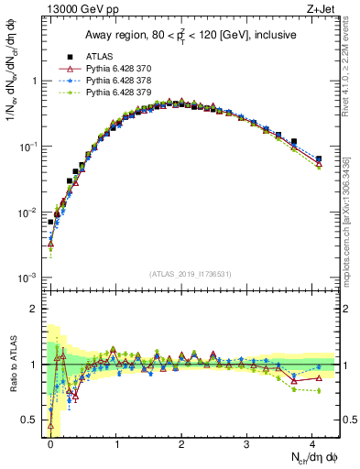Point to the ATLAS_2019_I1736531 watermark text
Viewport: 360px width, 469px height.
pyautogui.click(x=191, y=274)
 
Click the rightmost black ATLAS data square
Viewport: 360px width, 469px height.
pyautogui.click(x=318, y=158)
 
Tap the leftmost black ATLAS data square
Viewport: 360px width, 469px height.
pyautogui.click(x=51, y=222)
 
